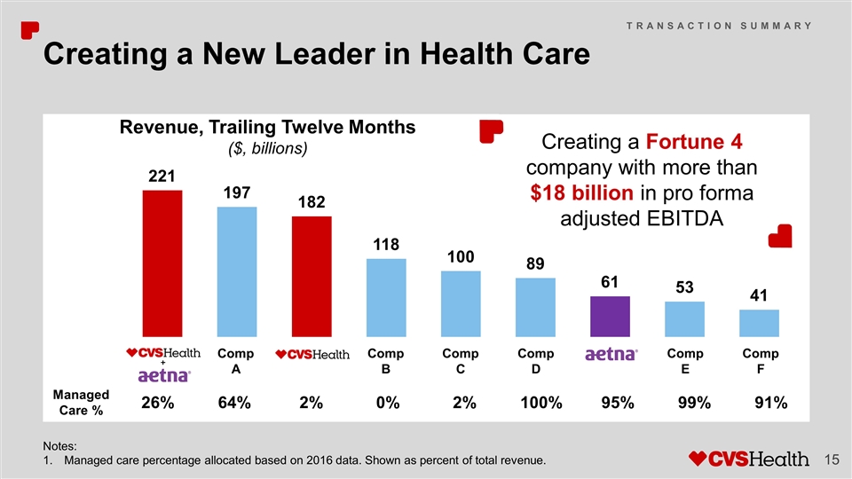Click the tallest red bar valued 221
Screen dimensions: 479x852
[162, 263]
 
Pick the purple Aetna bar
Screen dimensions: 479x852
[610, 316]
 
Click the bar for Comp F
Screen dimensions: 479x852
[759, 323]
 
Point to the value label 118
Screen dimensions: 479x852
[385, 244]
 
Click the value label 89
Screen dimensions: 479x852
[534, 264]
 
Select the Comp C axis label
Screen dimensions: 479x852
[460, 361]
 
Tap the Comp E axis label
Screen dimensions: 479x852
[684, 361]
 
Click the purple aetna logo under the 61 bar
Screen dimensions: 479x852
[611, 355]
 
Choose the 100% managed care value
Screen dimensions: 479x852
[542, 403]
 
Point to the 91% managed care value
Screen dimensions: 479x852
[769, 403]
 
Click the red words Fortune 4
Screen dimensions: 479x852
[693, 143]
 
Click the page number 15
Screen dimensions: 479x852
[832, 459]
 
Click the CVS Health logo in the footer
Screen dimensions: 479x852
[750, 459]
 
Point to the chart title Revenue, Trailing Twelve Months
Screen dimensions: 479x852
[267, 127]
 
